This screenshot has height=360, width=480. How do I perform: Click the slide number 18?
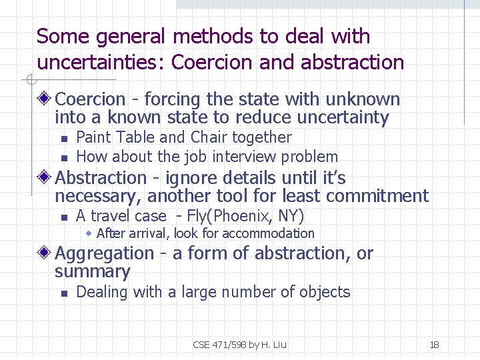(434, 345)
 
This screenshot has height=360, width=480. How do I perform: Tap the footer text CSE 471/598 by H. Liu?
(239, 345)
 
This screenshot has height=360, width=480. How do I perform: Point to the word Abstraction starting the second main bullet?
(101, 178)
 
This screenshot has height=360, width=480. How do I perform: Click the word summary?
(93, 272)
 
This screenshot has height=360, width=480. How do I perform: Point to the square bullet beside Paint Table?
(63, 139)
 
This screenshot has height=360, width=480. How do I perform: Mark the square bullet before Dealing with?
(63, 293)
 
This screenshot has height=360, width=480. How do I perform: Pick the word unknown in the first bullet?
(363, 100)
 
